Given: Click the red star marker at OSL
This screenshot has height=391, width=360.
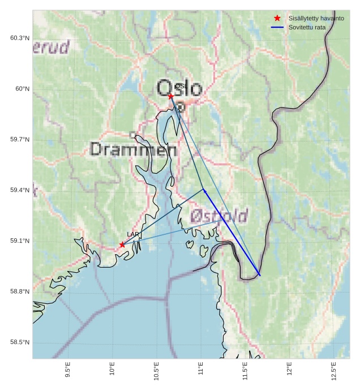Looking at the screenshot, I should click(171, 96).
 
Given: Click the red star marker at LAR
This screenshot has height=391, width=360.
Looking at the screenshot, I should click(122, 244).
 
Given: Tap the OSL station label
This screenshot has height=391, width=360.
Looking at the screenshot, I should click(181, 87).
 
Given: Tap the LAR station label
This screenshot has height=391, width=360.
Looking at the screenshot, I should click(133, 234).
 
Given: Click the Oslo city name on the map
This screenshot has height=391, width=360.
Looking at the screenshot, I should click(179, 89).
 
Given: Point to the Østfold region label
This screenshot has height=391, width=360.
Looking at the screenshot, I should click(218, 216).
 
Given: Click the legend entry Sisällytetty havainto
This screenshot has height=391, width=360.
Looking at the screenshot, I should click(316, 18).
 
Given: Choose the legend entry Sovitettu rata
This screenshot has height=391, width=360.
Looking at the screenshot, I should click(307, 27).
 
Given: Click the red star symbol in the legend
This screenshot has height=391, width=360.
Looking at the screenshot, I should click(277, 18).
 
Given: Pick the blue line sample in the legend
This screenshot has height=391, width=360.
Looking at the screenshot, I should click(277, 27).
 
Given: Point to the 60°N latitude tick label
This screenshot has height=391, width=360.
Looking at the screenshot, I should click(22, 89).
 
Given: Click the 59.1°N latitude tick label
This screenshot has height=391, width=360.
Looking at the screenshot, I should click(20, 241).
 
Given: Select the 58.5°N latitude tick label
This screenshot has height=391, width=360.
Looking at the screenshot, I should click(20, 342).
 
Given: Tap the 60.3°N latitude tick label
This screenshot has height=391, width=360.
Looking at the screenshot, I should click(20, 38).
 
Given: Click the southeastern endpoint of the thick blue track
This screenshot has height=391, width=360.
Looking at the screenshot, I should click(260, 275).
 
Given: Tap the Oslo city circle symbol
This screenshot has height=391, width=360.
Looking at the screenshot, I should click(181, 106).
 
